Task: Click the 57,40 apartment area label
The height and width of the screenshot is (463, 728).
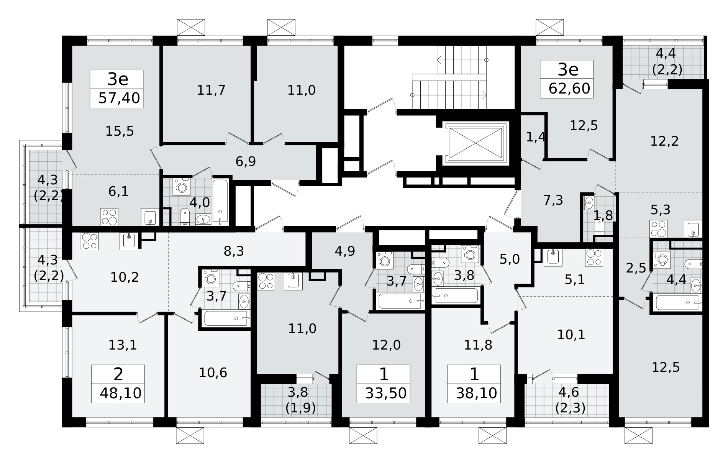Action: click(x=119, y=98)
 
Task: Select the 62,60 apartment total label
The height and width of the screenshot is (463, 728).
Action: click(x=569, y=89)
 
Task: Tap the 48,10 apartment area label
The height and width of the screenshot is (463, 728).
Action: click(x=120, y=393)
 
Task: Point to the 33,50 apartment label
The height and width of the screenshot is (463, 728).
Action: click(x=386, y=393)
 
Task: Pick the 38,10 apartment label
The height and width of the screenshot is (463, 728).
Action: click(x=477, y=393)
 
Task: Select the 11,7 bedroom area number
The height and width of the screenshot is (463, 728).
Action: click(x=211, y=90)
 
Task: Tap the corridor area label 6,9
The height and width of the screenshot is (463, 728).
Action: click(x=246, y=162)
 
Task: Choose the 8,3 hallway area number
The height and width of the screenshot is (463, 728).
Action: click(x=234, y=251)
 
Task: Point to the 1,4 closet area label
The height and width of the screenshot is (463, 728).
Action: click(x=535, y=137)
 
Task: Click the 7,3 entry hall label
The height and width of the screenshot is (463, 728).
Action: click(x=553, y=200)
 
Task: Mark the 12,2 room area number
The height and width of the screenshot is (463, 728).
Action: click(x=664, y=141)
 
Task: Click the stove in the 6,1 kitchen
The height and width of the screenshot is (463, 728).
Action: click(x=109, y=217)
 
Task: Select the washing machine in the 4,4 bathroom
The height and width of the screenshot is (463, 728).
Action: click(x=661, y=259)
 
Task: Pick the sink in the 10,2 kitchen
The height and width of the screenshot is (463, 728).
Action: click(x=129, y=241)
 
